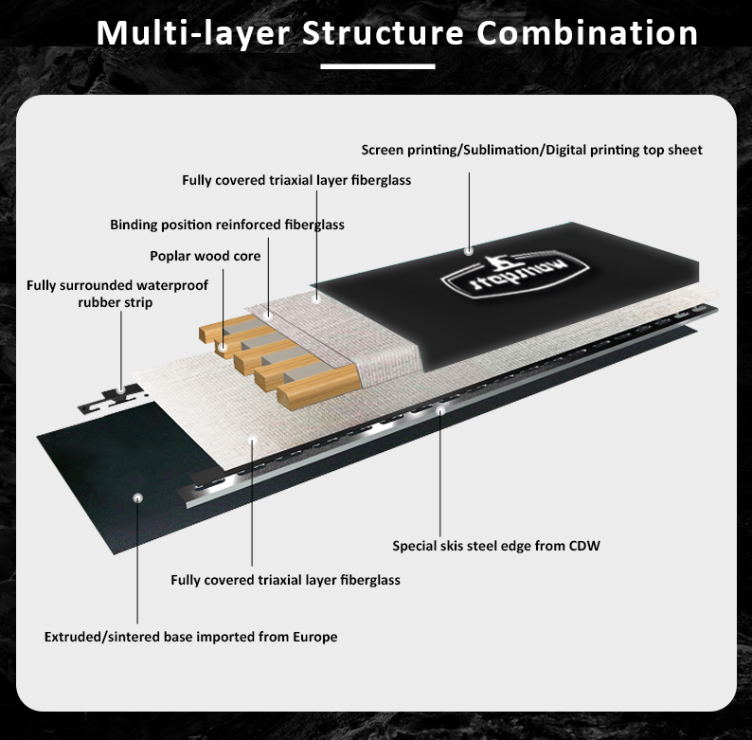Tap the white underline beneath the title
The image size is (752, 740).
pyautogui.click(x=377, y=66)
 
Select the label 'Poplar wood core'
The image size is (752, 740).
pyautogui.click(x=206, y=256)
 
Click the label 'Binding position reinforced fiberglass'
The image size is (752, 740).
pyautogui.click(x=227, y=226)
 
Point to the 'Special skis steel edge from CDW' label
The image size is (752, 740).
pyautogui.click(x=496, y=546)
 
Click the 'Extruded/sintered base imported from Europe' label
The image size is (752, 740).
pyautogui.click(x=190, y=637)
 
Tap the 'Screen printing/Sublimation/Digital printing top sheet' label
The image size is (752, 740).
pyautogui.click(x=532, y=150)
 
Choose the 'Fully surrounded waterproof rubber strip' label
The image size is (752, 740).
pyautogui.click(x=117, y=293)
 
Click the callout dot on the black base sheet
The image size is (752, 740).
pyautogui.click(x=138, y=496)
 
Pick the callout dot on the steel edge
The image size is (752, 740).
pyautogui.click(x=440, y=410)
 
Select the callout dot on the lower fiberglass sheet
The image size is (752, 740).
pyautogui.click(x=252, y=439)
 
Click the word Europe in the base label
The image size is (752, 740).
pyautogui.click(x=313, y=637)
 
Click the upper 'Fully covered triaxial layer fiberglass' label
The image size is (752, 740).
pyautogui.click(x=296, y=179)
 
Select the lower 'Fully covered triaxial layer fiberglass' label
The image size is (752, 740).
pyautogui.click(x=285, y=580)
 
